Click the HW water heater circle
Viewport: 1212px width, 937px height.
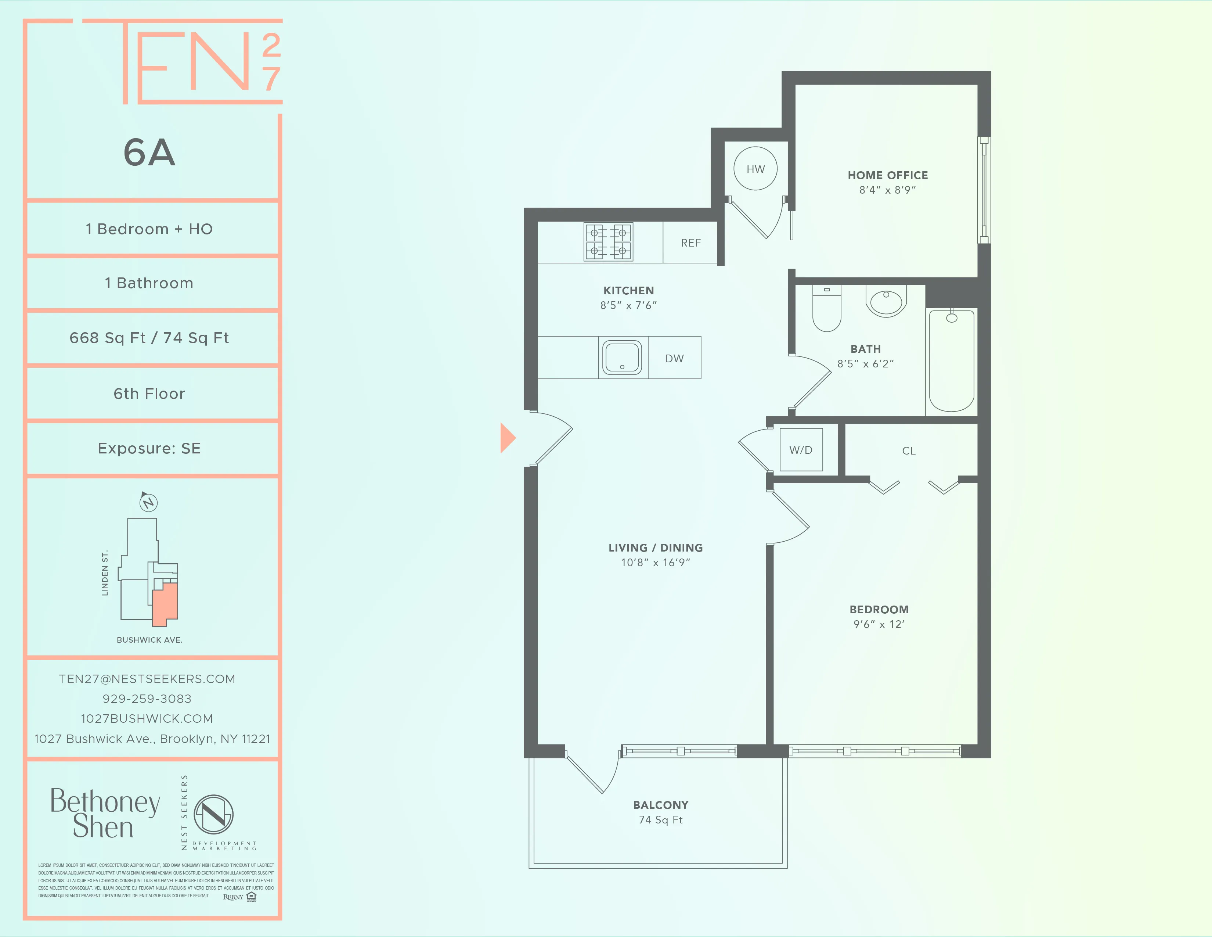tap(755, 169)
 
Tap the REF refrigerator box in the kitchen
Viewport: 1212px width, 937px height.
tap(690, 243)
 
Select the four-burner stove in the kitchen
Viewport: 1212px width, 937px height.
tap(608, 242)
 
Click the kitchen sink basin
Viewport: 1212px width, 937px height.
tap(623, 358)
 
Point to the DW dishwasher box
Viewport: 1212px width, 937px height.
tap(674, 358)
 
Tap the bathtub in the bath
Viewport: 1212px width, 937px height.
tap(951, 361)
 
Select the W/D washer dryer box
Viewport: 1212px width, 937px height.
tap(801, 450)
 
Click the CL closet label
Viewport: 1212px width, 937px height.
tap(908, 451)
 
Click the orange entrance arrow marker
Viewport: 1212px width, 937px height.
tap(507, 438)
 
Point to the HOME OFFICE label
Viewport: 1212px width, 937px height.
tap(887, 175)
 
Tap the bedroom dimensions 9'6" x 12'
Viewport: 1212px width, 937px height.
tap(879, 624)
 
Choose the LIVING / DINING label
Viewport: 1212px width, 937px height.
tap(655, 548)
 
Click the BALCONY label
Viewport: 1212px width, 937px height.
tap(660, 805)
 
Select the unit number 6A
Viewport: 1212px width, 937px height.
tap(149, 152)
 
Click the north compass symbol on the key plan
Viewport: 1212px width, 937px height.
tap(148, 502)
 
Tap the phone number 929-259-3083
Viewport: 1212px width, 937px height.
tap(147, 699)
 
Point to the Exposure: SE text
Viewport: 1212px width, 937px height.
tap(149, 449)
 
